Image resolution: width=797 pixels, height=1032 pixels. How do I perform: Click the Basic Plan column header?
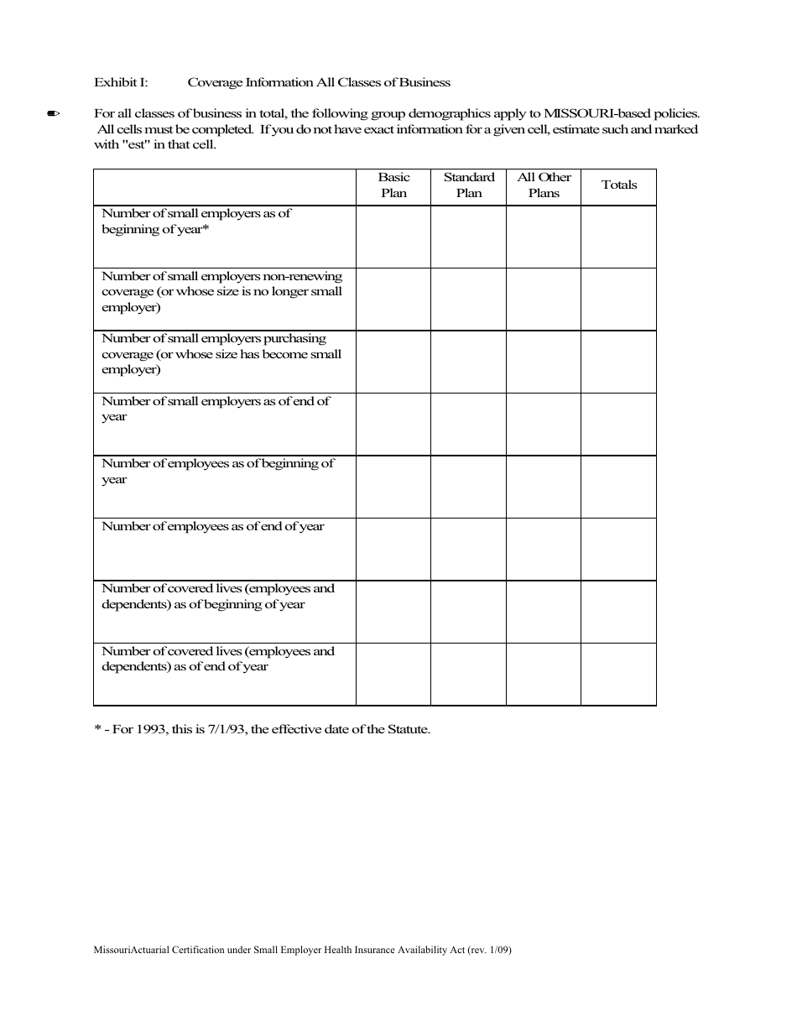pos(393,185)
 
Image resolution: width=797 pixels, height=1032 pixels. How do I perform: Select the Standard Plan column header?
pos(469,185)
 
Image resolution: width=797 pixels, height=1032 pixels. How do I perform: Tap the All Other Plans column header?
pos(544,185)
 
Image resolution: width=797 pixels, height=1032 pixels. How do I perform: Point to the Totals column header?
pos(619,185)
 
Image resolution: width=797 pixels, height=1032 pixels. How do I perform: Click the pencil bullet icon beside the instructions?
pos(53,114)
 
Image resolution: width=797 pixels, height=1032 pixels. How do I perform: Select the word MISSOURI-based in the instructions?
pos(586,114)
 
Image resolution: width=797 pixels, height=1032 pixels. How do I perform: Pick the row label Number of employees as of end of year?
pos(212,527)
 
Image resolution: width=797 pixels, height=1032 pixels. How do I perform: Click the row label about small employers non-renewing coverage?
pos(221,291)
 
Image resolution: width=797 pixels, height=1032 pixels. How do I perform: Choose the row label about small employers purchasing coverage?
pos(221,354)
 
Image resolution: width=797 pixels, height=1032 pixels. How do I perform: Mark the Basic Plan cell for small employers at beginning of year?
pos(393,237)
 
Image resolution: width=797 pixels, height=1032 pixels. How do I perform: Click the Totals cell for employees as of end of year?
pos(619,550)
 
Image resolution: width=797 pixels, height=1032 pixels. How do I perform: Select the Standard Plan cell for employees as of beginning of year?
pos(469,487)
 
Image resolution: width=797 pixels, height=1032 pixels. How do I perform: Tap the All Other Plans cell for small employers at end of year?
pos(544,425)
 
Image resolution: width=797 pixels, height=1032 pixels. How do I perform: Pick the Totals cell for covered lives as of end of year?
pos(619,675)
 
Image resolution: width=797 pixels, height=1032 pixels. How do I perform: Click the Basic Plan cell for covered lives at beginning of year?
pos(393,612)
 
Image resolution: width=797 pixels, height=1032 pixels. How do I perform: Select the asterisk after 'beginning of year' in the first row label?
pos(206,228)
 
